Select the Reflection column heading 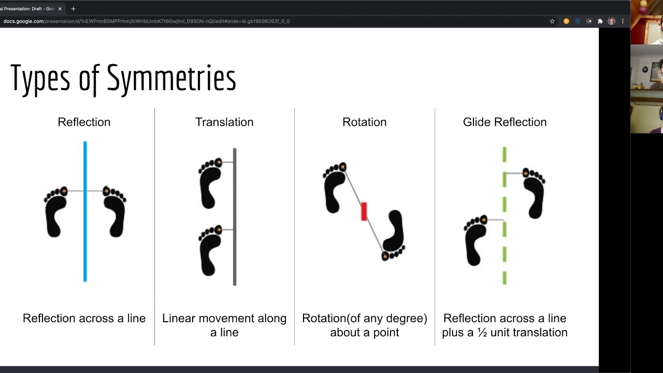[84, 122]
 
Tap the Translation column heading [224, 122]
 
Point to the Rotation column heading [364, 122]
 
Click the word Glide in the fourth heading [477, 122]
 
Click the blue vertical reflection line [85, 211]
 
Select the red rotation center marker [364, 211]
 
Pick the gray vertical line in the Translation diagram [235, 217]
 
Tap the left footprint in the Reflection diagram [55, 212]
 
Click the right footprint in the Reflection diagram [114, 212]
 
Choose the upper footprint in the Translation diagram [210, 183]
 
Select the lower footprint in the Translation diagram [210, 250]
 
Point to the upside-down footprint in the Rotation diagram [393, 235]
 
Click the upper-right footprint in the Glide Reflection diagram [534, 193]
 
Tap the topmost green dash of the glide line [505, 154]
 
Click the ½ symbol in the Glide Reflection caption [482, 333]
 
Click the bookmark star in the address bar [552, 21]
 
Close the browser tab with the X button [60, 9]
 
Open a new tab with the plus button [74, 9]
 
